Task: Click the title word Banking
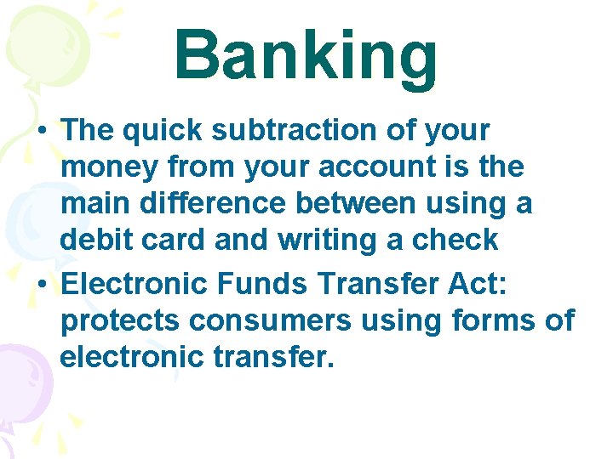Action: (306, 56)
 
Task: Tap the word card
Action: (175, 241)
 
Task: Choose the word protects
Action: (120, 321)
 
